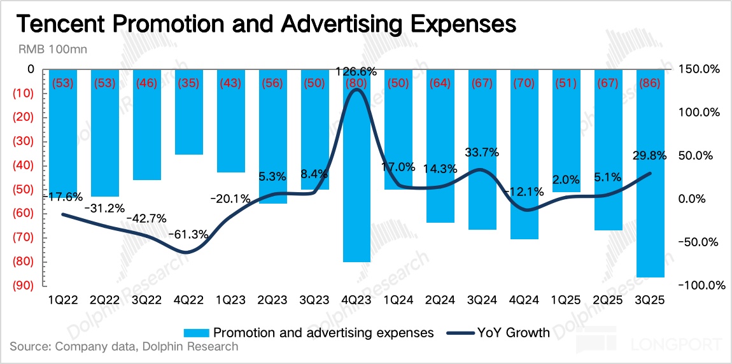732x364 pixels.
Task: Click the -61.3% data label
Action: (188, 234)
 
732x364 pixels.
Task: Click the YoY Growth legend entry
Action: (498, 332)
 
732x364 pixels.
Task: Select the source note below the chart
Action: (124, 347)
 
